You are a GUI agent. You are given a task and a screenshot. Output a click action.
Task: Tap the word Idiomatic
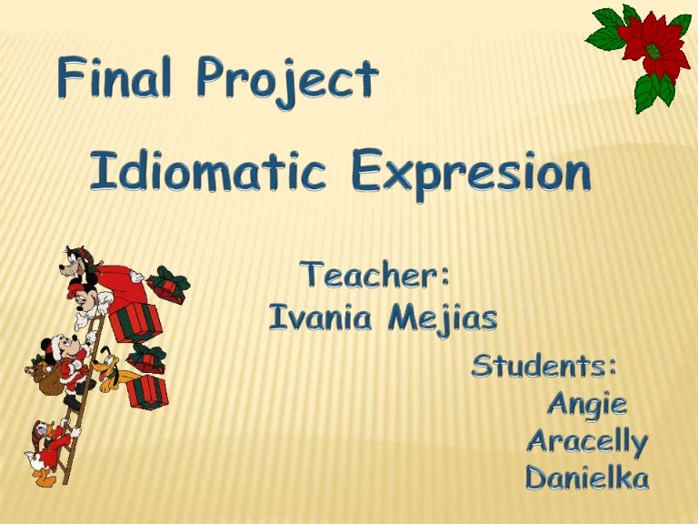pos(207,173)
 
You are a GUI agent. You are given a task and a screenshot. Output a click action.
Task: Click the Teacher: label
pos(377,274)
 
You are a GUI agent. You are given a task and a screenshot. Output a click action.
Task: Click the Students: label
pos(544,368)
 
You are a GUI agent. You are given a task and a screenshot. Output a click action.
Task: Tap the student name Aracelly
pos(587,443)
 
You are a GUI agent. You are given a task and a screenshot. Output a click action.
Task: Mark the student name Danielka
pos(587,478)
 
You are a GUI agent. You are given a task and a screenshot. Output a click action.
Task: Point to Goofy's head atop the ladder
pos(81,263)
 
